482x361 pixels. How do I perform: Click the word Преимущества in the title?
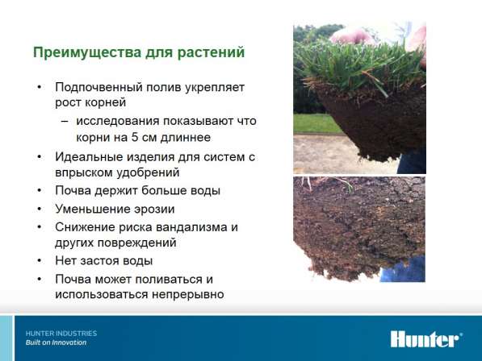[x=87, y=52]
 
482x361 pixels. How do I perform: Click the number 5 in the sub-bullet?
[x=135, y=137]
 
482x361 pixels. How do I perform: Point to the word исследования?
[x=118, y=122]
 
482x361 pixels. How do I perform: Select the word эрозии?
[x=154, y=210]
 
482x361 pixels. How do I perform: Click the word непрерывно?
[x=188, y=295]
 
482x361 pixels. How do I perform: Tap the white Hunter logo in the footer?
[x=426, y=339]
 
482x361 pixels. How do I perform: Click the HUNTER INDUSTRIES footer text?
[x=61, y=334]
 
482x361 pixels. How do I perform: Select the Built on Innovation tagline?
[x=56, y=342]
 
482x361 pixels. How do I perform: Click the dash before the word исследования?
[x=65, y=122]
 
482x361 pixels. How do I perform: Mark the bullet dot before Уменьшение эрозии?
[x=40, y=210]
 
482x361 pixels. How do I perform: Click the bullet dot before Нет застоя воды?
[x=40, y=261]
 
